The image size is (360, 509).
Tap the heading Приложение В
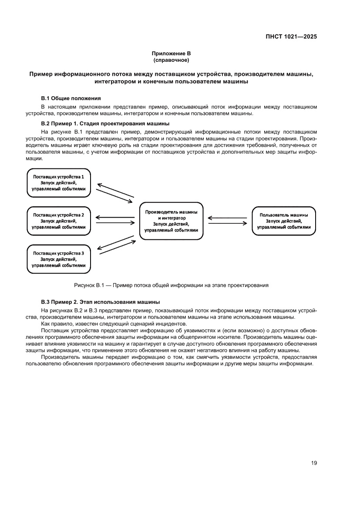(171, 53)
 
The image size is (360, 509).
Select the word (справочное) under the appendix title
(171, 60)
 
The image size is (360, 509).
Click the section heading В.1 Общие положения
(71, 98)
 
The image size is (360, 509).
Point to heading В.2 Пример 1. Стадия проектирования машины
(105, 123)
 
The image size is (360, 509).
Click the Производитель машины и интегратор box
(171, 221)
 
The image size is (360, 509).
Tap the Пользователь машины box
(284, 221)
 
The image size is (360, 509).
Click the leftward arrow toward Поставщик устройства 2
(114, 217)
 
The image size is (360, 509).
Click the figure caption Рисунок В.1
(171, 286)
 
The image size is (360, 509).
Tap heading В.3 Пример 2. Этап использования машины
(100, 302)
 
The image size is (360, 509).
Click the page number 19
(313, 463)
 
